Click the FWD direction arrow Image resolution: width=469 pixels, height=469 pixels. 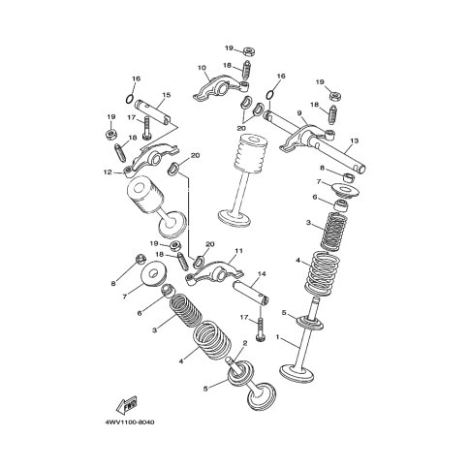[x=127, y=405]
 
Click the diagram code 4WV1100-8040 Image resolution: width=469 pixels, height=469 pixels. [x=130, y=422]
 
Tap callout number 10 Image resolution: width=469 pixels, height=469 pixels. [x=202, y=68]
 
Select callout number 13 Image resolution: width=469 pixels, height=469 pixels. [x=355, y=141]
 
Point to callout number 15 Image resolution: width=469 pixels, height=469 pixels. [x=167, y=95]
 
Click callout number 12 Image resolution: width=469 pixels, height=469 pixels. [x=108, y=172]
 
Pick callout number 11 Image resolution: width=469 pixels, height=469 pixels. [x=238, y=251]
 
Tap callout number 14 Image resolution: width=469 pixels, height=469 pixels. [x=262, y=274]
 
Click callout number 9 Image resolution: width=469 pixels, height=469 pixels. [x=299, y=113]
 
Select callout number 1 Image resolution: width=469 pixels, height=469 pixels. [x=277, y=337]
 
